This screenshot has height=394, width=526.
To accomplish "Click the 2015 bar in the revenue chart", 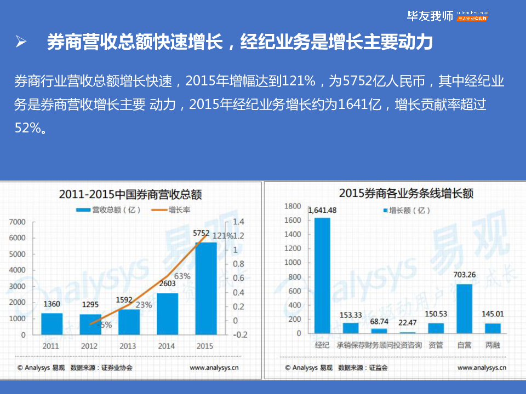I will pyautogui.click(x=205, y=287).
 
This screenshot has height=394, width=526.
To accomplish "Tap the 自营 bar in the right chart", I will pyautogui.click(x=464, y=308).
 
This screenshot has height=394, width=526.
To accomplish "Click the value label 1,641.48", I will pyautogui.click(x=322, y=210).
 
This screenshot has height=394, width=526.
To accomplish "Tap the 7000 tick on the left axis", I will pyautogui.click(x=18, y=222).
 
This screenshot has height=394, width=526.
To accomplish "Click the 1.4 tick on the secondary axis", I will pyautogui.click(x=238, y=222).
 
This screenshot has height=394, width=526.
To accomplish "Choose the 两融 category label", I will pyautogui.click(x=493, y=345).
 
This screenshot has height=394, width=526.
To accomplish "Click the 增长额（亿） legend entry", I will pyautogui.click(x=406, y=210).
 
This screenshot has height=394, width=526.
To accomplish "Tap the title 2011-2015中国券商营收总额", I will pyautogui.click(x=130, y=194).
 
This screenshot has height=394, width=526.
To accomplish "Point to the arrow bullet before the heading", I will pyautogui.click(x=21, y=42).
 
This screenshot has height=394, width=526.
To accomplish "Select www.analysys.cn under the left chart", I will pyautogui.click(x=214, y=368).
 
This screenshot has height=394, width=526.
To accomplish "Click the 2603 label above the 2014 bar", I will pyautogui.click(x=168, y=284).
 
